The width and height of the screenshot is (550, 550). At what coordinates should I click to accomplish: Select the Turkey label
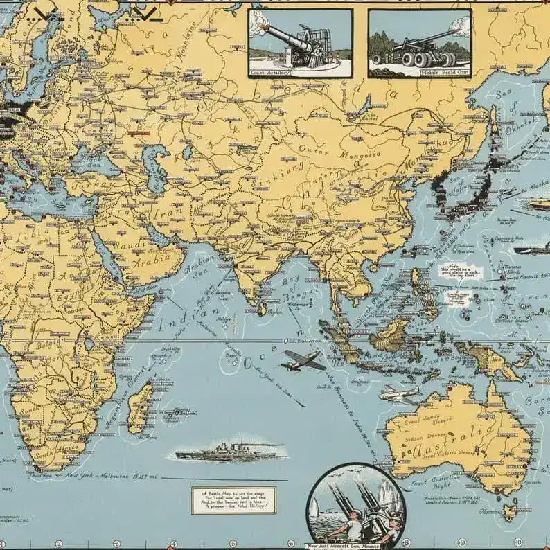[96, 186]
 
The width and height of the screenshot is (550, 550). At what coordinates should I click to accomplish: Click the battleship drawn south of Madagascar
[229, 454]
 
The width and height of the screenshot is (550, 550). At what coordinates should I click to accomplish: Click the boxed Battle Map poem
[233, 499]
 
